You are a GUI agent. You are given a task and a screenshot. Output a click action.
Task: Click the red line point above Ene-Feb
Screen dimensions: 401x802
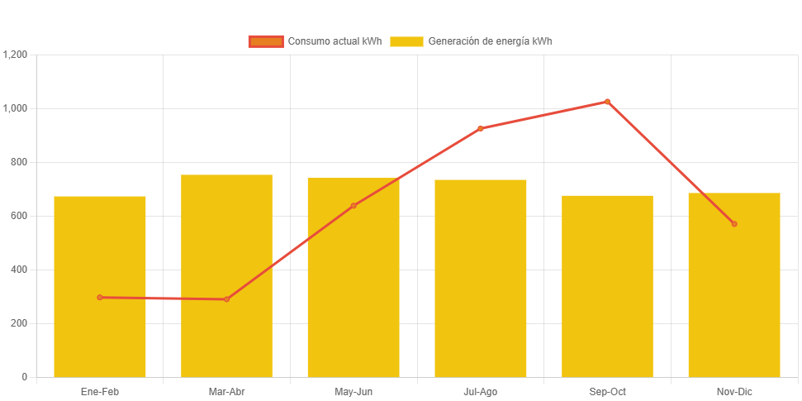pyautogui.click(x=100, y=297)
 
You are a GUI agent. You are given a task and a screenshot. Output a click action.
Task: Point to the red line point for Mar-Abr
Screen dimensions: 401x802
pyautogui.click(x=226, y=298)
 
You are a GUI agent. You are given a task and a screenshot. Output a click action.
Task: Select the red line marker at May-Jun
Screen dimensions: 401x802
pyautogui.click(x=354, y=205)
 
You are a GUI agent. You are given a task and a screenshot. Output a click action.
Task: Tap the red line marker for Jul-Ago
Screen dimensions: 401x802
pyautogui.click(x=480, y=128)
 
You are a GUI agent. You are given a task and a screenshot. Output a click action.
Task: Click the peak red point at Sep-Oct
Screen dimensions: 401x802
pyautogui.click(x=607, y=102)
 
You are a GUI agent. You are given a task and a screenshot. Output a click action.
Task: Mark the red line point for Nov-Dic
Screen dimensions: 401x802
pyautogui.click(x=733, y=223)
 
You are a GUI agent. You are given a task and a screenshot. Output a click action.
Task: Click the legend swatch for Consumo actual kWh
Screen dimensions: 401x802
pyautogui.click(x=266, y=41)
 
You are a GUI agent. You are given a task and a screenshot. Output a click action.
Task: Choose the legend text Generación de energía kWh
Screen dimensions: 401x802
pyautogui.click(x=490, y=41)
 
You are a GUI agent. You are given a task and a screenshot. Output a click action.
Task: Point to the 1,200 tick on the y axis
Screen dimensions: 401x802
pyautogui.click(x=16, y=55)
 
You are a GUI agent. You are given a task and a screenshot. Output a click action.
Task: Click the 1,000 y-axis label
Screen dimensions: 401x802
pyautogui.click(x=16, y=108)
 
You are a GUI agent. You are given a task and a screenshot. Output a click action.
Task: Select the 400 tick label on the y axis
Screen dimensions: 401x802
pyautogui.click(x=19, y=270)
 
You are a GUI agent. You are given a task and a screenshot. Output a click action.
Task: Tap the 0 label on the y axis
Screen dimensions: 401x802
pyautogui.click(x=24, y=377)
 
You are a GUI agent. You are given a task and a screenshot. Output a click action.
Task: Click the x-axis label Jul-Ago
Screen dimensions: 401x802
pyautogui.click(x=480, y=391)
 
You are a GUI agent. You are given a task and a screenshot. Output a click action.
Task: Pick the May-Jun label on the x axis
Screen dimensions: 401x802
pyautogui.click(x=354, y=391)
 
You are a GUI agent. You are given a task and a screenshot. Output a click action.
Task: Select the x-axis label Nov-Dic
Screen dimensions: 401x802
pyautogui.click(x=733, y=391)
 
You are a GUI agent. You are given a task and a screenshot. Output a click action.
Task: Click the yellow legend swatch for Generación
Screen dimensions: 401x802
pyautogui.click(x=406, y=41)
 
